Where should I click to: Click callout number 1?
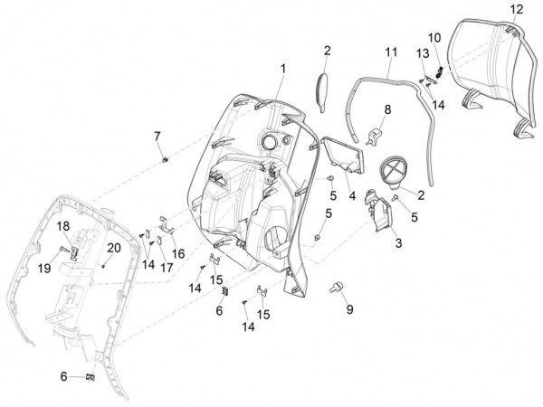pos(282,68)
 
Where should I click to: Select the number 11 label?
pos(390,53)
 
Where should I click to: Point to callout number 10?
pos(433,37)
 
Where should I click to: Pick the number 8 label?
pos(386,109)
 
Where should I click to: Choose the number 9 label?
pos(348,308)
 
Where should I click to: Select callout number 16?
pos(177,253)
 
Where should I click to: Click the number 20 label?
pos(114,247)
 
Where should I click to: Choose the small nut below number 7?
pos(166,160)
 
